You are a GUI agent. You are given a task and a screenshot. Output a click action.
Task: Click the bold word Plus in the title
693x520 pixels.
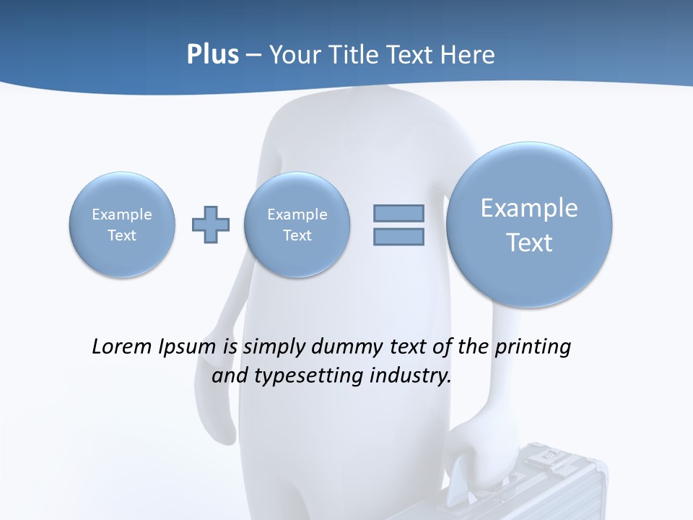[x=212, y=55]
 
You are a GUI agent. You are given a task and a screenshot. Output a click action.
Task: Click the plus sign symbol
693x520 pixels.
[x=211, y=225]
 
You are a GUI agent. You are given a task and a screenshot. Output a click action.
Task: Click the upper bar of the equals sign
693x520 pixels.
[x=398, y=213]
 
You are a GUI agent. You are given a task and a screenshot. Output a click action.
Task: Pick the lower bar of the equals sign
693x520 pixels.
[x=398, y=236]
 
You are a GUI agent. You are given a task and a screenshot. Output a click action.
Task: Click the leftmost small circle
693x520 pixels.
[x=122, y=225]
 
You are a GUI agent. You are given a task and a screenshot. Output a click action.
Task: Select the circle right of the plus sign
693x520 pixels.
[x=297, y=225]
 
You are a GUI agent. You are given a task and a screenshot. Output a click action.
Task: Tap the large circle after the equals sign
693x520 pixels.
[x=529, y=225]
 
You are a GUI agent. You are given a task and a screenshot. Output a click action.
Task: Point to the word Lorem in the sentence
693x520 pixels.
[x=123, y=347]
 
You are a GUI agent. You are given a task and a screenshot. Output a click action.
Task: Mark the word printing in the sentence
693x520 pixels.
[x=532, y=347]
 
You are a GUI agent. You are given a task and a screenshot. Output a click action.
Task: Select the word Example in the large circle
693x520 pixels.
[x=529, y=208]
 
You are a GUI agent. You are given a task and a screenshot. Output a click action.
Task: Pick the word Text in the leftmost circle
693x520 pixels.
[x=122, y=235]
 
